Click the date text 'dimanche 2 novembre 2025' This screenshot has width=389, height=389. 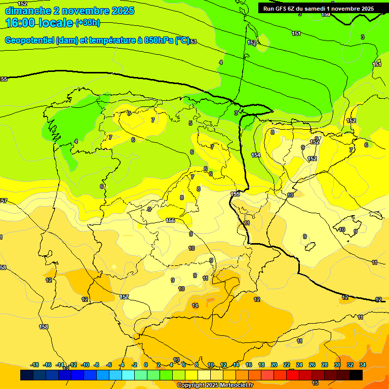(x=69, y=11)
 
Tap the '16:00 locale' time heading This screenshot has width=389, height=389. (x=39, y=23)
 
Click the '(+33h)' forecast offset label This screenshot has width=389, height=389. (x=88, y=23)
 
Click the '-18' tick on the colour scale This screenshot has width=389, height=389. (x=35, y=365)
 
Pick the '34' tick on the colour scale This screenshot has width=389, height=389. (x=363, y=365)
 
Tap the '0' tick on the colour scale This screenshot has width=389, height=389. (x=146, y=365)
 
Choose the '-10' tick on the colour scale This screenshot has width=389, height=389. (x=85, y=365)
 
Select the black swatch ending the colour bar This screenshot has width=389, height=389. (x=356, y=375)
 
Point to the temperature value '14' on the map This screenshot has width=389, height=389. (x=195, y=305)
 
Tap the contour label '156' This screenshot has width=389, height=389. (x=170, y=220)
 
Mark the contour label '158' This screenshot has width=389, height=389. (x=44, y=327)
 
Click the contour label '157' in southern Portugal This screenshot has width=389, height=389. (x=124, y=297)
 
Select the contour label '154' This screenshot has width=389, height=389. (x=256, y=155)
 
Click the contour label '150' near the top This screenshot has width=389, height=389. (x=326, y=14)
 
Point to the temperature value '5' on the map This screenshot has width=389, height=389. (x=190, y=123)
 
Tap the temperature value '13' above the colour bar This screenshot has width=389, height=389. (x=176, y=360)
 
